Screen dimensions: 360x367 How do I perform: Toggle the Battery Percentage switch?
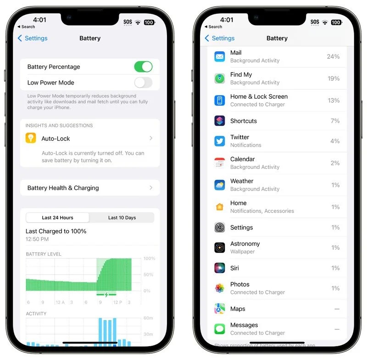tap(143, 67)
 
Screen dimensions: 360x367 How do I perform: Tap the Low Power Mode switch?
tap(143, 83)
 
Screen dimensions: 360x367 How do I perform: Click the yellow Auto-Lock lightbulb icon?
tap(31, 138)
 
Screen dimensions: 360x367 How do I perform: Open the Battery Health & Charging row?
tap(90, 188)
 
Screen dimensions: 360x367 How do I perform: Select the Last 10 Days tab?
tap(122, 218)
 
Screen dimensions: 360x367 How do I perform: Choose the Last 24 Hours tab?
tap(58, 218)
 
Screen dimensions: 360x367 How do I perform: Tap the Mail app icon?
tap(220, 56)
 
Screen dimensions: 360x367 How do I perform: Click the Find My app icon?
tap(220, 79)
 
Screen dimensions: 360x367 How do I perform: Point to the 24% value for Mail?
tap(333, 56)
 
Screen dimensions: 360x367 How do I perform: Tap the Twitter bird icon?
tap(220, 141)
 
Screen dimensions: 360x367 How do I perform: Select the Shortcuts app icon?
tap(220, 121)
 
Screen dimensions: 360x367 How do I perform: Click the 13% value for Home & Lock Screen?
tap(334, 101)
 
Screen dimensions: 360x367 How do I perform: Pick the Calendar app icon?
tap(220, 163)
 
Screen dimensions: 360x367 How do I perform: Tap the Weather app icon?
tap(220, 185)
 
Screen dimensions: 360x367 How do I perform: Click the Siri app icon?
tap(220, 268)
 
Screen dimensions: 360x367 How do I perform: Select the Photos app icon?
tap(220, 288)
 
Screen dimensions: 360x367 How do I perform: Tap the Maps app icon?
tap(220, 309)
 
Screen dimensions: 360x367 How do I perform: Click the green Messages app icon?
tap(220, 329)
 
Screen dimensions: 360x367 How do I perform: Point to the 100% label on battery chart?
tap(150, 259)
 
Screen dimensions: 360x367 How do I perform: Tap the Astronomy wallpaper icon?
tap(220, 247)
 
